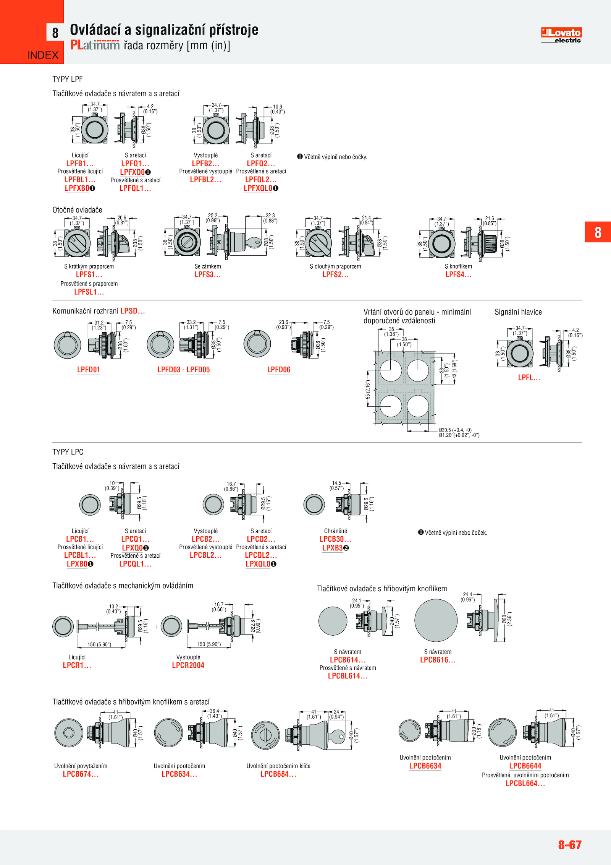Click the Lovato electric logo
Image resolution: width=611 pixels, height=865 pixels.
click(x=561, y=35)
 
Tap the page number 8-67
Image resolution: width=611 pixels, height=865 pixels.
click(x=569, y=844)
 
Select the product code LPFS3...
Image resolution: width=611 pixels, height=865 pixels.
click(x=207, y=274)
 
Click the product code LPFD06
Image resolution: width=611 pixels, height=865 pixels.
click(x=279, y=370)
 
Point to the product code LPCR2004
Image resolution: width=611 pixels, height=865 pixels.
click(x=188, y=665)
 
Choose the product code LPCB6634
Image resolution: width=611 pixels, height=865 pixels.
click(x=425, y=766)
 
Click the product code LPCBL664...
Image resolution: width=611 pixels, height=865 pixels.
click(x=525, y=783)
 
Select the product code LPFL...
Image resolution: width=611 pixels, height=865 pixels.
click(x=529, y=378)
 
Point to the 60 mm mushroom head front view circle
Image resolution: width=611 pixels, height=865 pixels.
click(x=436, y=620)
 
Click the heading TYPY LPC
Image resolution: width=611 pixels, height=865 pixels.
click(x=68, y=452)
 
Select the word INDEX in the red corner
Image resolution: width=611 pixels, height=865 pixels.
click(x=43, y=55)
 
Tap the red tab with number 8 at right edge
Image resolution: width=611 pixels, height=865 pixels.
click(x=598, y=232)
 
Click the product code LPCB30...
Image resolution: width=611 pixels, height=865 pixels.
click(x=335, y=539)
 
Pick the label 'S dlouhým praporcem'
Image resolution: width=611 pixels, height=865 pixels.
click(x=335, y=266)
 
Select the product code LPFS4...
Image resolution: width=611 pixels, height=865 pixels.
click(x=458, y=274)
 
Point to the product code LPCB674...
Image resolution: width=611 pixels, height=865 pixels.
click(x=81, y=774)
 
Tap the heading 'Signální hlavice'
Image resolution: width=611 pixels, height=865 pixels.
click(x=518, y=312)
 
